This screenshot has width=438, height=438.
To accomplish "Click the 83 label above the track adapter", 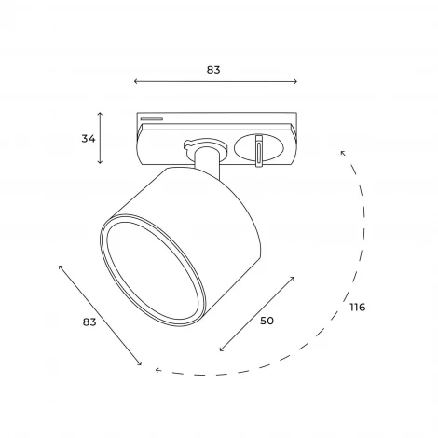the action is pyautogui.click(x=213, y=70).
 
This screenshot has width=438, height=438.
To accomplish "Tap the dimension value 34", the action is pyautogui.click(x=89, y=139).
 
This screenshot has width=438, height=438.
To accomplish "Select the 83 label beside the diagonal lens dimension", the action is pyautogui.click(x=89, y=322).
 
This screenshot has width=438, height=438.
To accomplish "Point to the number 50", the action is pyautogui.click(x=267, y=321).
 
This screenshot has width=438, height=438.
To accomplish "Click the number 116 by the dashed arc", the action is pyautogui.click(x=358, y=307).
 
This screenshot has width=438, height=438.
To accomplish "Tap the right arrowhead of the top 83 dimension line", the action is pyautogui.click(x=296, y=81).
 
